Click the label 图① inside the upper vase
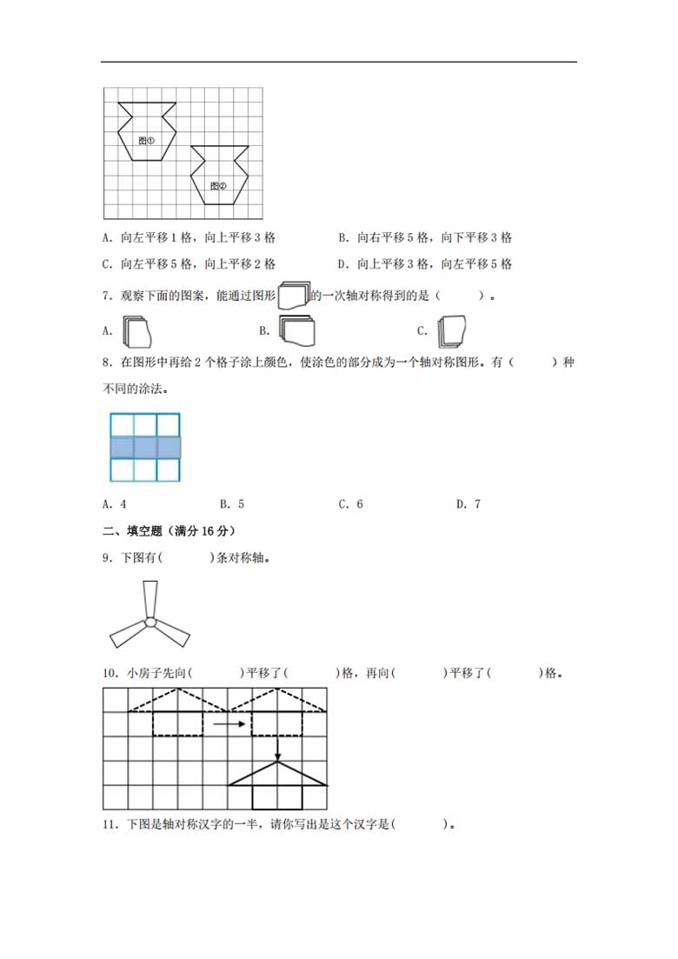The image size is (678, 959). click(x=147, y=140)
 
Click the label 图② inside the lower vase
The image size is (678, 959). click(x=218, y=185)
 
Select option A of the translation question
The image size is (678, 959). click(x=188, y=238)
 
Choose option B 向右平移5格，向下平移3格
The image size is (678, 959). click(x=425, y=238)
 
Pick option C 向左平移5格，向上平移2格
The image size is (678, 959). click(x=188, y=264)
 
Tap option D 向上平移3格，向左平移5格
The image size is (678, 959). click(x=425, y=264)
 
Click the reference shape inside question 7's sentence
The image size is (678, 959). click(x=294, y=296)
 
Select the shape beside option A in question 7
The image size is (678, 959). click(x=137, y=331)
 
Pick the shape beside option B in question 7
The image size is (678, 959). click(x=296, y=330)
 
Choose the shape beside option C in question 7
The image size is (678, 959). click(x=453, y=330)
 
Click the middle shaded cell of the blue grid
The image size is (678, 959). click(x=144, y=447)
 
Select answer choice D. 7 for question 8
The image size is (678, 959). click(x=469, y=504)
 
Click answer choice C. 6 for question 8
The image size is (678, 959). click(x=350, y=504)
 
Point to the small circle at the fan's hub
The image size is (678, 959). click(x=150, y=623)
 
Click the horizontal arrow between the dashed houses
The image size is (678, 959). click(x=228, y=723)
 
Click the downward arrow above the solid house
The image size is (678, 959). click(x=277, y=748)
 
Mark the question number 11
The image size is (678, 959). click(x=109, y=824)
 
